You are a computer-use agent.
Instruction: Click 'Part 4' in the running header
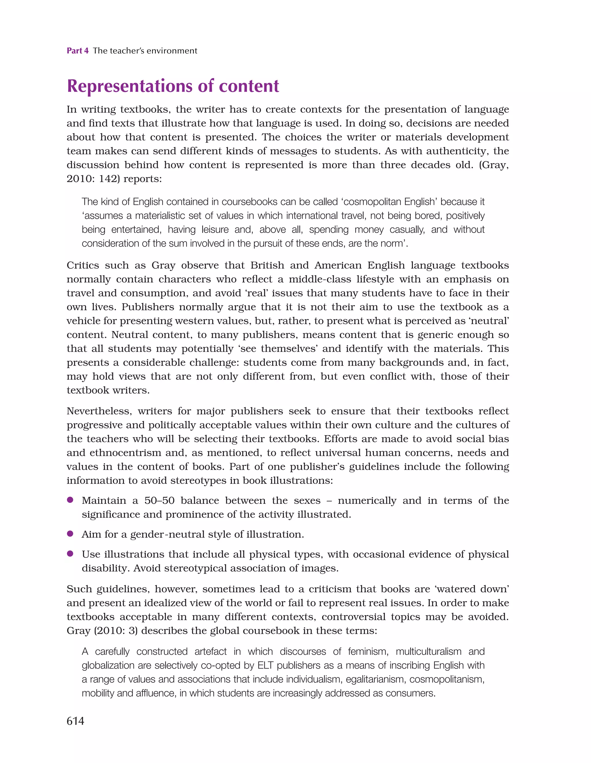[78, 51]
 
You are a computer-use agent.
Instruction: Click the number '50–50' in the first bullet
[159, 501]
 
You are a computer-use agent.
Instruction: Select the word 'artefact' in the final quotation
[211, 652]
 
